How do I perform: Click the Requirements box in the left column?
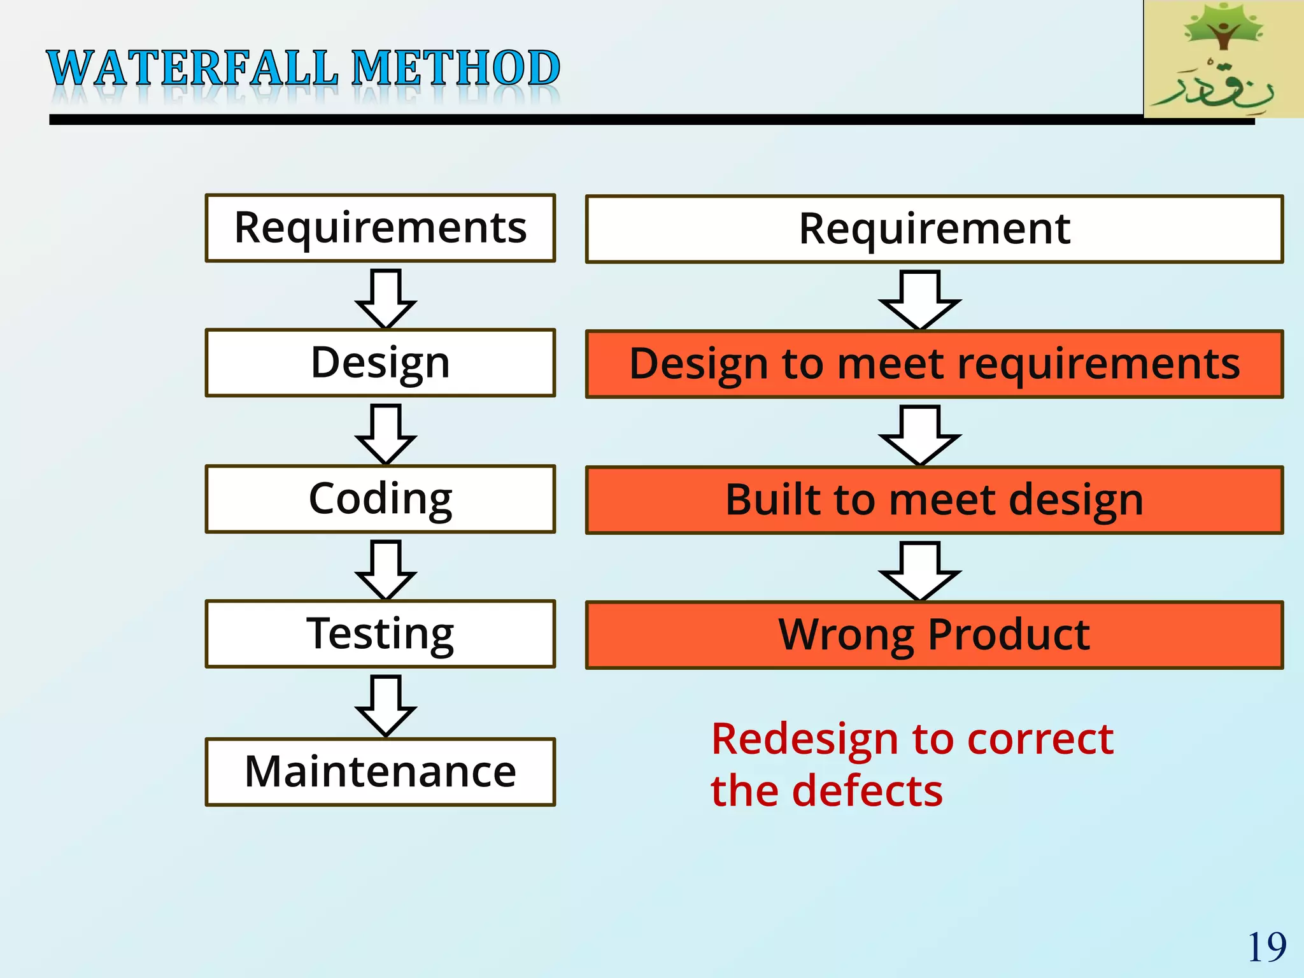pyautogui.click(x=380, y=228)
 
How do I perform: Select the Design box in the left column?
pyautogui.click(x=380, y=363)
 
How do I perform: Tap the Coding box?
pyautogui.click(x=380, y=499)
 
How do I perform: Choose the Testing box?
pyautogui.click(x=380, y=634)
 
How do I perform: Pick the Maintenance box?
pyautogui.click(x=380, y=772)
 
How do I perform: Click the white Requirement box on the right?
pyautogui.click(x=934, y=229)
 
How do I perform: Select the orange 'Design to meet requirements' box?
pyautogui.click(x=934, y=364)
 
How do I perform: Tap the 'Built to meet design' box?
pyautogui.click(x=934, y=500)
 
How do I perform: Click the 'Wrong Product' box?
pyautogui.click(x=934, y=635)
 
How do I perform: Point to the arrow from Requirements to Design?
pyautogui.click(x=386, y=299)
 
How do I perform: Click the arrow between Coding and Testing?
pyautogui.click(x=386, y=570)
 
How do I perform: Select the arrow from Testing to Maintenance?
pyautogui.click(x=386, y=705)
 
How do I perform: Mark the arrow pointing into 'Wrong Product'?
pyautogui.click(x=919, y=571)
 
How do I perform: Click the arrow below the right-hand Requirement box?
pyautogui.click(x=919, y=300)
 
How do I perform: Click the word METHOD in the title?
pyautogui.click(x=456, y=68)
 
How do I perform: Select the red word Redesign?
pyautogui.click(x=806, y=739)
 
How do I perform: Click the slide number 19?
pyautogui.click(x=1266, y=947)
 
